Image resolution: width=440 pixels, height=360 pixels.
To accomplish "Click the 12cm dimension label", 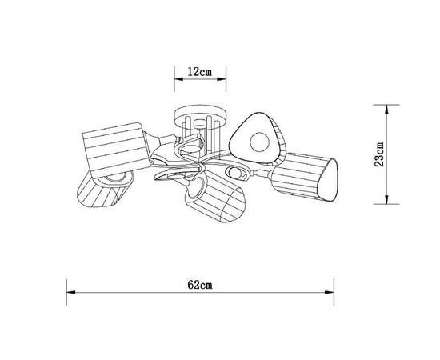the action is (200, 72).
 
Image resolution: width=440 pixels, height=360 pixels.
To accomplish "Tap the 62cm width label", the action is (200, 285).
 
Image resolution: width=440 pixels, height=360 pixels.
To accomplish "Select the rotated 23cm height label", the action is (379, 154).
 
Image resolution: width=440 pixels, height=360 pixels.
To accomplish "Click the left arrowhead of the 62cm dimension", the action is (70, 292).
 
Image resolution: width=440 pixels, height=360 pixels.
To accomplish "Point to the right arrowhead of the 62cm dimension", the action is (330, 292).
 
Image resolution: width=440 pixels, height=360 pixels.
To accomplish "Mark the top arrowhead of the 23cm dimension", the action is (386, 109).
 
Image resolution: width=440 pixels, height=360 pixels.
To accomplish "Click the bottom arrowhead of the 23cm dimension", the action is (386, 200).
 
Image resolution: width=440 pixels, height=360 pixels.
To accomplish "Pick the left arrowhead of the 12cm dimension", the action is (178, 79).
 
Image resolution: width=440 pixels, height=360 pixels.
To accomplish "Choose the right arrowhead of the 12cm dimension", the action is (222, 79).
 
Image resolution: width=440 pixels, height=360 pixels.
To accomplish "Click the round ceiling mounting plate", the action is (200, 118).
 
